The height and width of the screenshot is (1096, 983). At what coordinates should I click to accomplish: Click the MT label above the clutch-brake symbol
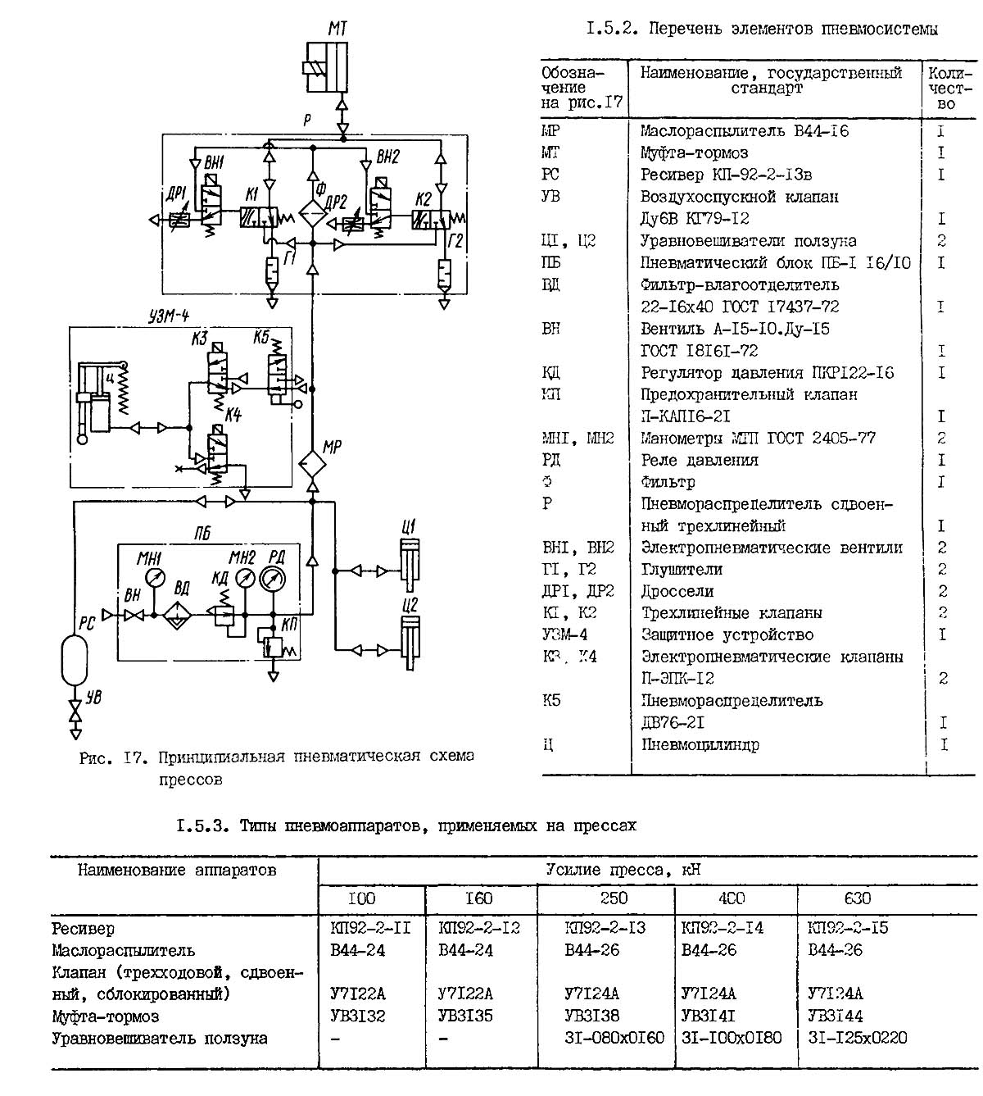tap(337, 30)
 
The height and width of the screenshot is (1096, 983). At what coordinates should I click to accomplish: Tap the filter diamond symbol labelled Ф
tap(312, 212)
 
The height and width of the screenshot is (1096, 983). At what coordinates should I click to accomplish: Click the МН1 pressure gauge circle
tap(153, 579)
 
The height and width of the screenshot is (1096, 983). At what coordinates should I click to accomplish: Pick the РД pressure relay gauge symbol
tap(271, 579)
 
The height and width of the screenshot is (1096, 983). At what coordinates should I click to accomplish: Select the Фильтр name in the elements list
tap(668, 481)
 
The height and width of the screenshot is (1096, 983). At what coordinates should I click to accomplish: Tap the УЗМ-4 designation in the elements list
tap(564, 634)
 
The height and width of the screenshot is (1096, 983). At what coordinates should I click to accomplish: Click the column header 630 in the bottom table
tap(857, 898)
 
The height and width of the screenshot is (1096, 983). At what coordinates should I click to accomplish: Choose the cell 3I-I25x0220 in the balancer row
tap(857, 1038)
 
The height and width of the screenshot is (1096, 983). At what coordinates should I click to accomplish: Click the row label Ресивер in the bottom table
tap(83, 929)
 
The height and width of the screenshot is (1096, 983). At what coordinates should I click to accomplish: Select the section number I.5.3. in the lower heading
tap(204, 826)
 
